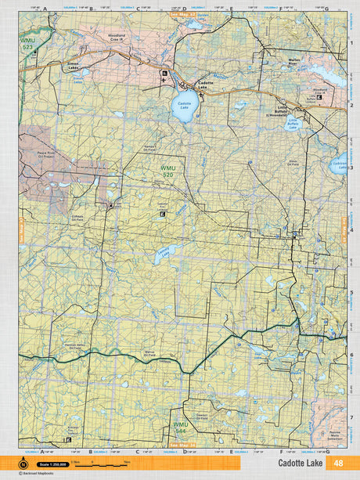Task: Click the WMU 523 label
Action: click(x=28, y=43)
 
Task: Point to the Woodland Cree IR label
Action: click(x=116, y=59)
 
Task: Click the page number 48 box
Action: click(x=337, y=463)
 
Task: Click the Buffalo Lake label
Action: click(x=293, y=124)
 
